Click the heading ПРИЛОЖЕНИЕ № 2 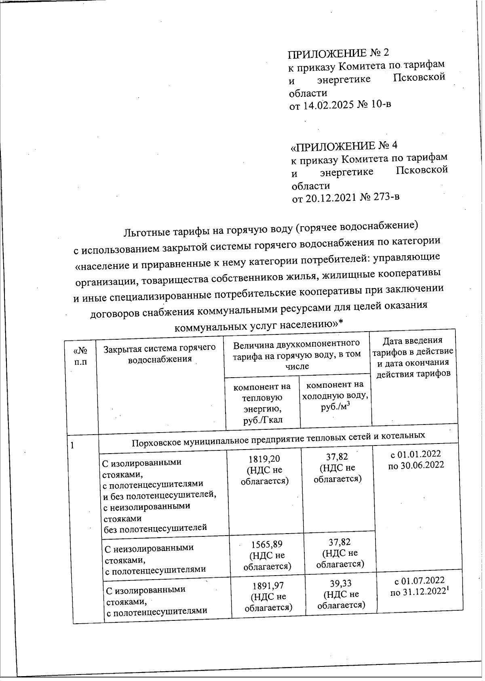339,53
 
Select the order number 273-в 382,198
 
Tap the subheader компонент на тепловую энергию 262,403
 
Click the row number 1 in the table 73,446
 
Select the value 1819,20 266,458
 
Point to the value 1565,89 267,544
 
